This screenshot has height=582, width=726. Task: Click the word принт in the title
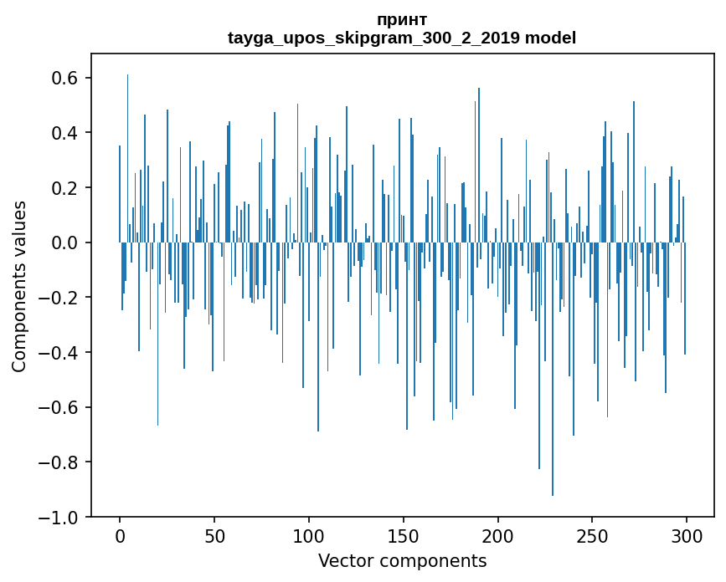402,19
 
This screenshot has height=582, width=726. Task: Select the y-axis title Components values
19,286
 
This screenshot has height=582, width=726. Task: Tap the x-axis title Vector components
402,560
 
